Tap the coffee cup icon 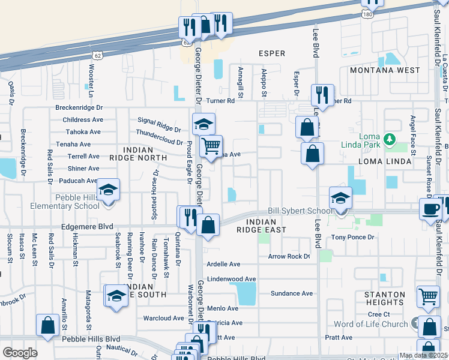431,208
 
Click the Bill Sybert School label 300,211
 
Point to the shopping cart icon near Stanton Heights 428,295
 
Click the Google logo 20,353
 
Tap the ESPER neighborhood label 271,53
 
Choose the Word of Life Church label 370,324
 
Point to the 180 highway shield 369,13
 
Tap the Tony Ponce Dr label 353,238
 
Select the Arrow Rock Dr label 289,257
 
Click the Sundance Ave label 292,293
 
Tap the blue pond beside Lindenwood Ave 246,293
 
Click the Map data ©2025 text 423,355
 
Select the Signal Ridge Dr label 159,124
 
